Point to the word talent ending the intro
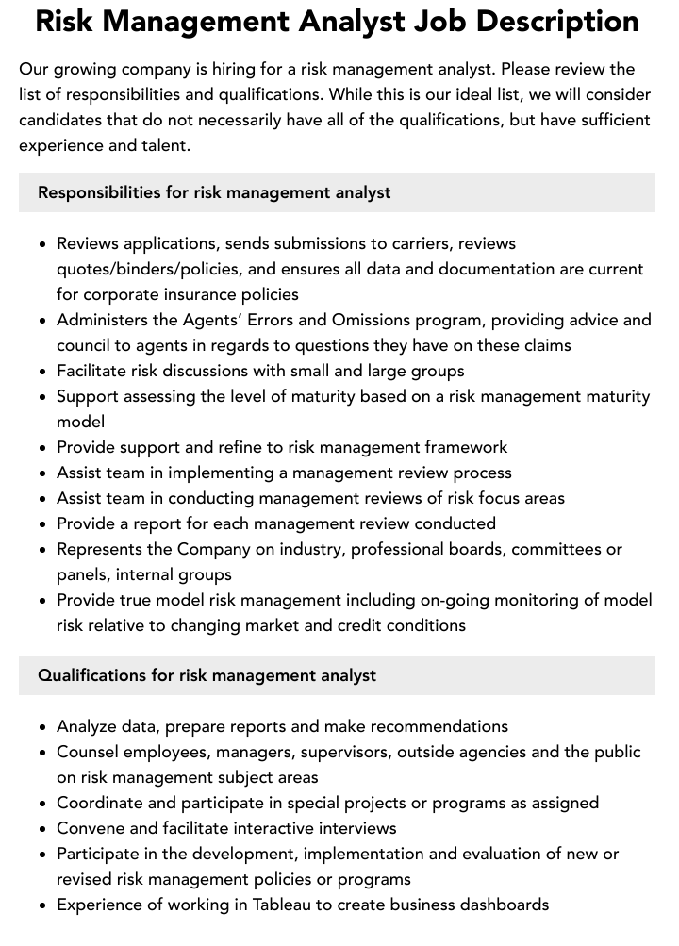162,145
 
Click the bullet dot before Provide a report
43,524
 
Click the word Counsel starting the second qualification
89,752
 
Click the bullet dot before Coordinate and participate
43,804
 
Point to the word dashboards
504,905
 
